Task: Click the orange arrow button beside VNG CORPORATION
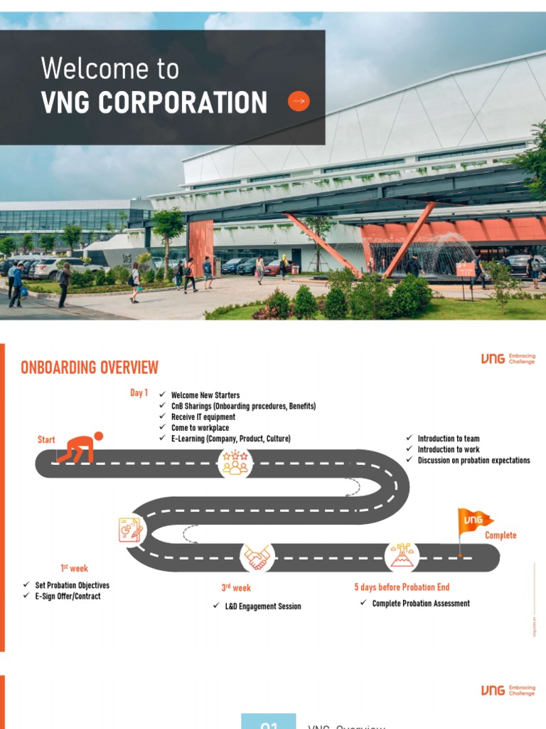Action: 299,102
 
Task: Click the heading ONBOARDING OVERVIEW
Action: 90,367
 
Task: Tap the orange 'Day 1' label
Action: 139,393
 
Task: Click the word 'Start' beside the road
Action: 46,440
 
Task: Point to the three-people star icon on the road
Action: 235,463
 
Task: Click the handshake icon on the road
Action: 257,557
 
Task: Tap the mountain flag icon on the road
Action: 402,556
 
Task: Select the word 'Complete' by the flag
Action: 500,535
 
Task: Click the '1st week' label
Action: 74,568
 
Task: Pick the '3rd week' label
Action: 236,588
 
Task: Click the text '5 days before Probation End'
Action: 402,587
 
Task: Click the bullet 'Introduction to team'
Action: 448,439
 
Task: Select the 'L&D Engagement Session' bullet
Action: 262,607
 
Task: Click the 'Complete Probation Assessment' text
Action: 421,603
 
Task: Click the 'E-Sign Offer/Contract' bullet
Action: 68,596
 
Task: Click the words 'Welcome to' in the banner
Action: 110,69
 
